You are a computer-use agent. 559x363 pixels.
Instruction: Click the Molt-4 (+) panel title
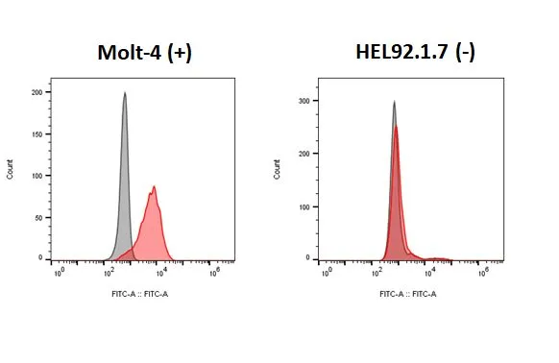pos(145,53)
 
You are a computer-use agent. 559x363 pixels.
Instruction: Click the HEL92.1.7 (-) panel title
pos(415,52)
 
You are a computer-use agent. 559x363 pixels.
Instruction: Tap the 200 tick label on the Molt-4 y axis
pos(36,92)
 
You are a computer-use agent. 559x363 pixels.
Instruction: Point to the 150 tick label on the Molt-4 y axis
pos(36,134)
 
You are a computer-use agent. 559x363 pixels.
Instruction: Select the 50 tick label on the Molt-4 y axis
pos(38,218)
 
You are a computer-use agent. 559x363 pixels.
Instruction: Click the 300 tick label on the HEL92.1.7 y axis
pos(304,101)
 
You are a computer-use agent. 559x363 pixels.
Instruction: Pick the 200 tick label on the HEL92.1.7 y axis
pos(304,154)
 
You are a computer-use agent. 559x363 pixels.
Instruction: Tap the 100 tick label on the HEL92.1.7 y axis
pos(304,206)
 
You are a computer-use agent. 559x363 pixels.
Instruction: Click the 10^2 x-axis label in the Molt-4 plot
pos(109,273)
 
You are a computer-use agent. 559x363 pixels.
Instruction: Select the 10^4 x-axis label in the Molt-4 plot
pos(162,273)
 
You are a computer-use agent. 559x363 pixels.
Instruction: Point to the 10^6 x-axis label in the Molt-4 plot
pos(214,273)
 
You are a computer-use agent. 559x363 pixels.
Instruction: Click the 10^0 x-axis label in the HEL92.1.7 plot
pos(327,273)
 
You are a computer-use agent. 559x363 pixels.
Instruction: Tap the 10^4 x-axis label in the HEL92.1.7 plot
pos(430,273)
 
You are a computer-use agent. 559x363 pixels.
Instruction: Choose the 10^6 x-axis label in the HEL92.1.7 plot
pos(483,273)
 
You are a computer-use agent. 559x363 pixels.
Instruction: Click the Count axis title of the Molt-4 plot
pos(10,169)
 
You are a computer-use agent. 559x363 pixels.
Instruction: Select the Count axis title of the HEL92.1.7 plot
pos(277,169)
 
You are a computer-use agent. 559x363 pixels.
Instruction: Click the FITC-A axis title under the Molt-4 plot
pos(140,294)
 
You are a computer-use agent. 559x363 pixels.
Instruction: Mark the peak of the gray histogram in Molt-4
pos(125,92)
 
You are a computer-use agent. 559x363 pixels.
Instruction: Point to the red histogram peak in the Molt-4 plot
pos(154,186)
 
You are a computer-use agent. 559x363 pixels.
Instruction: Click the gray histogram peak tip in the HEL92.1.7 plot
pos(394,101)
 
